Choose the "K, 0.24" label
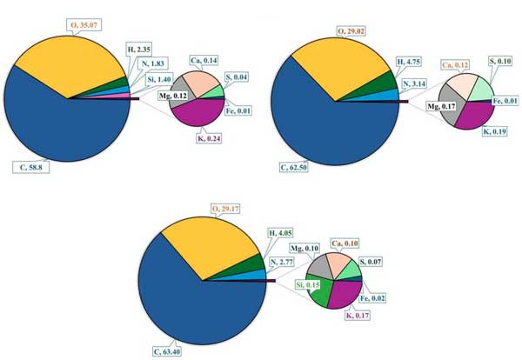tap(208, 136)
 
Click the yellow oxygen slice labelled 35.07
tap(70, 61)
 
